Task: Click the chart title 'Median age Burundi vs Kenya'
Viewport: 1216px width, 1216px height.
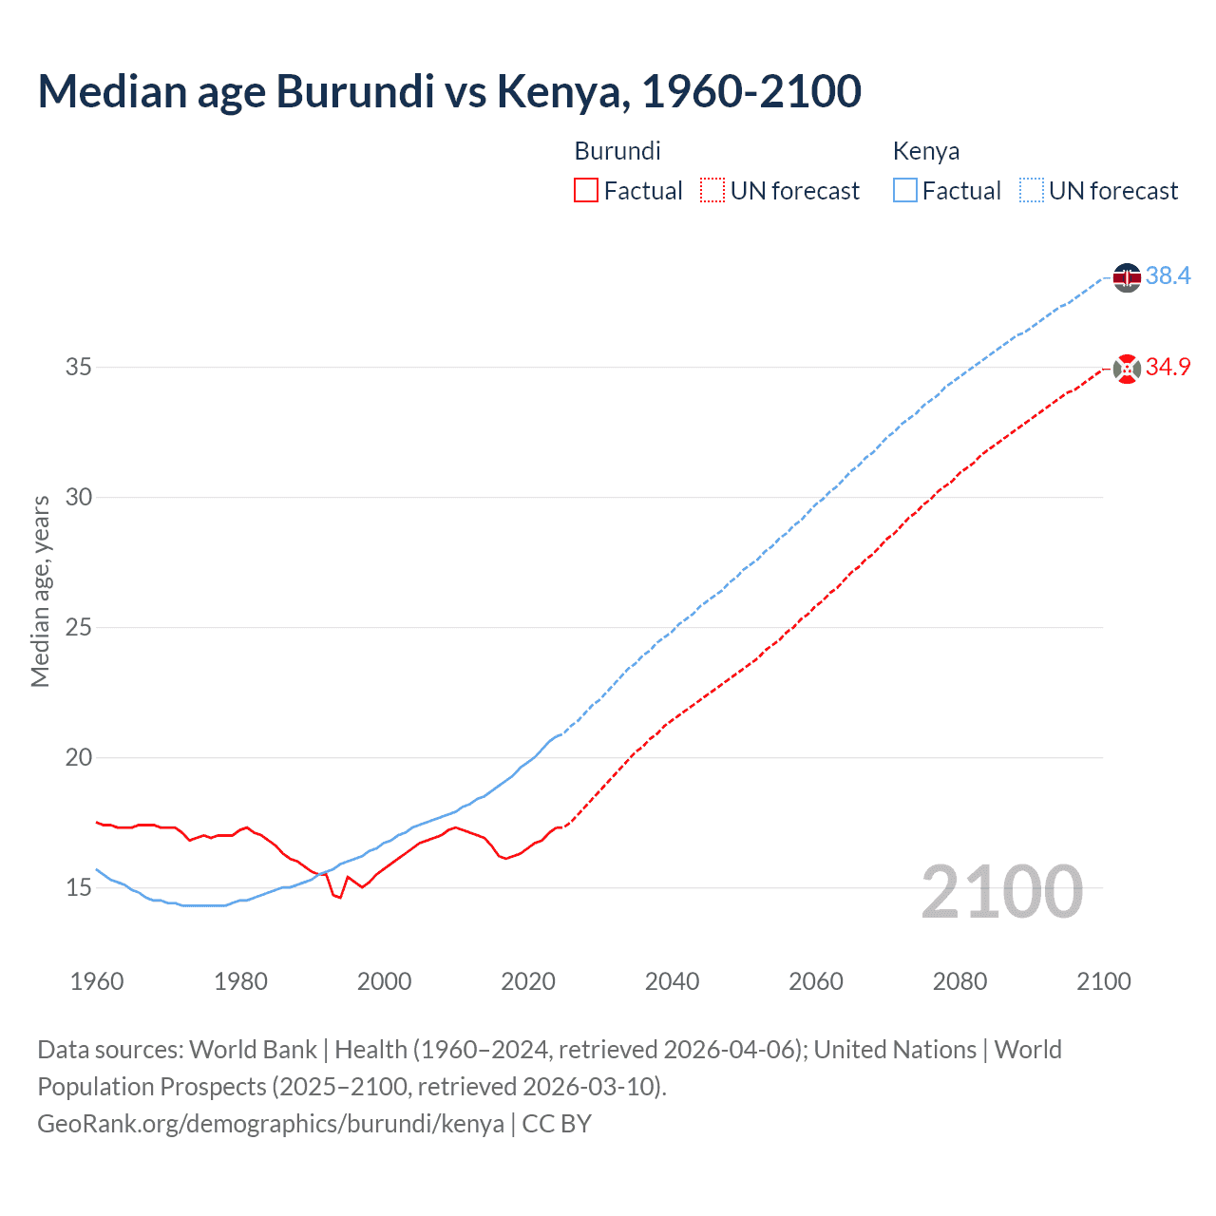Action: pyautogui.click(x=449, y=91)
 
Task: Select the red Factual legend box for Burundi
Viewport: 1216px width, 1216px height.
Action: pyautogui.click(x=586, y=191)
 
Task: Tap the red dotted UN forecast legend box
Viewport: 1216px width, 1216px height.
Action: pyautogui.click(x=712, y=191)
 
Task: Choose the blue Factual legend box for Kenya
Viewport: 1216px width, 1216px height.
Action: pyautogui.click(x=904, y=191)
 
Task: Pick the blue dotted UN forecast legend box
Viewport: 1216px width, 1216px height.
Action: pyautogui.click(x=1031, y=191)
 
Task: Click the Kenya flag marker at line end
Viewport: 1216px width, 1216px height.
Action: pyautogui.click(x=1127, y=277)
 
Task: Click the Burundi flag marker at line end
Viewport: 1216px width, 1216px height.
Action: pyautogui.click(x=1127, y=369)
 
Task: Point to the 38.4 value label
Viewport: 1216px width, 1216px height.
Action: pyautogui.click(x=1168, y=276)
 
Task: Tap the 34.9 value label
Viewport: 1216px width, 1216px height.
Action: pyautogui.click(x=1168, y=368)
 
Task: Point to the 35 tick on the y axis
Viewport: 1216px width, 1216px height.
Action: pyautogui.click(x=79, y=368)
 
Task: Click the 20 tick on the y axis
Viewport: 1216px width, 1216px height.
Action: pyautogui.click(x=79, y=758)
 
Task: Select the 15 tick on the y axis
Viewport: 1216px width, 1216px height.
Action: pyautogui.click(x=79, y=888)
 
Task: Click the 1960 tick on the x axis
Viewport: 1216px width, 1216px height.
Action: pyautogui.click(x=97, y=981)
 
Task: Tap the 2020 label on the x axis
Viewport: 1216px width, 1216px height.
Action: pyautogui.click(x=528, y=981)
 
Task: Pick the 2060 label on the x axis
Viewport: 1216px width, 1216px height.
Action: pyautogui.click(x=816, y=981)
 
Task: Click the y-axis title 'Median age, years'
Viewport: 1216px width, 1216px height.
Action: pyautogui.click(x=40, y=591)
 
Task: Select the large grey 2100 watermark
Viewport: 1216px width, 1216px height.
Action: pyautogui.click(x=1001, y=892)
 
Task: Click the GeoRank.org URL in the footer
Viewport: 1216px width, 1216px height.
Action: pyautogui.click(x=271, y=1124)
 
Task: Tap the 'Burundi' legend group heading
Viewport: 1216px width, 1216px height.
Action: pyautogui.click(x=617, y=151)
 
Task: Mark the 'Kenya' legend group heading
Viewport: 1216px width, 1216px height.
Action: pyautogui.click(x=926, y=151)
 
